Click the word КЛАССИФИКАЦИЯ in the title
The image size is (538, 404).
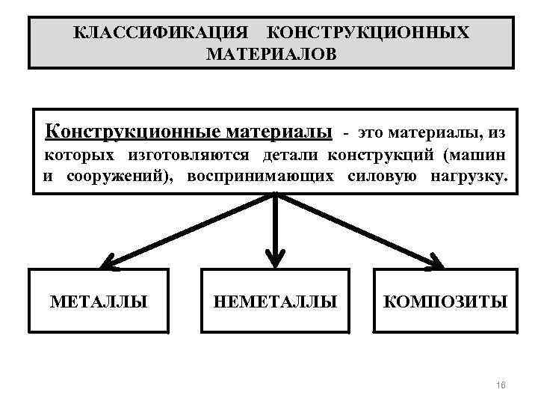(163, 33)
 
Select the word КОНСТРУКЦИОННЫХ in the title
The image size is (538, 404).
(368, 33)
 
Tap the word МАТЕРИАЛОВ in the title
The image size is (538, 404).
(271, 55)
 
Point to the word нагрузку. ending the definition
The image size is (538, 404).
(468, 177)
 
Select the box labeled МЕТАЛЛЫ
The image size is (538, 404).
(99, 301)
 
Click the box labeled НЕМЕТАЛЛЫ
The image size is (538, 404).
(276, 301)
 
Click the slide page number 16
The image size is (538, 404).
(501, 385)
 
